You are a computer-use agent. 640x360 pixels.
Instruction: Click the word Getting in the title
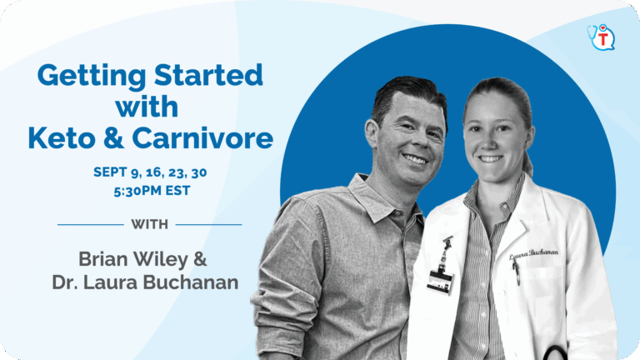(92, 77)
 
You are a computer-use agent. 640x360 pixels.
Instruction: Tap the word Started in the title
(208, 75)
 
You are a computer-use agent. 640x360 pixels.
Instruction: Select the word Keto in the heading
(62, 138)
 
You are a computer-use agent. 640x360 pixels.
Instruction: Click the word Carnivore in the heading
(202, 138)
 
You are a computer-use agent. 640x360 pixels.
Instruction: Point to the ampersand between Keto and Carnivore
(113, 138)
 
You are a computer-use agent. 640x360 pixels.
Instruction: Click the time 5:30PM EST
(152, 191)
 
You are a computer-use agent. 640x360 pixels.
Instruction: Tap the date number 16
(154, 172)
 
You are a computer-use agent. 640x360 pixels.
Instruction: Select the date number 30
(199, 172)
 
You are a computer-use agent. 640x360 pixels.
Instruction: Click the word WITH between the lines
(149, 224)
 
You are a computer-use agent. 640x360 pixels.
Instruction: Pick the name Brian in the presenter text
(103, 259)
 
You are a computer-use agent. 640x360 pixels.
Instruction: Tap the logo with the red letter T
(601, 37)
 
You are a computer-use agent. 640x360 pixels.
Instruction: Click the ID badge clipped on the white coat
(440, 280)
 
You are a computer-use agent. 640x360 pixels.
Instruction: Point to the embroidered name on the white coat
(534, 254)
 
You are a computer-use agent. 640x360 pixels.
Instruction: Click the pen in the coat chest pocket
(517, 272)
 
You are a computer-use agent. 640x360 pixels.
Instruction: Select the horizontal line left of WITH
(91, 224)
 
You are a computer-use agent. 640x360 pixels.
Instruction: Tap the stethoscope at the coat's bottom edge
(554, 352)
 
